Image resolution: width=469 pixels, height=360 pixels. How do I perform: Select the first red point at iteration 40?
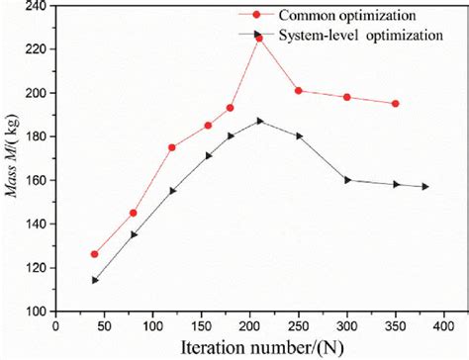95,254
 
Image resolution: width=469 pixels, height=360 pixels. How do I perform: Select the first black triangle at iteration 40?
95,280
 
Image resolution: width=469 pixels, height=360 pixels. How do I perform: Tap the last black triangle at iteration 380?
425,186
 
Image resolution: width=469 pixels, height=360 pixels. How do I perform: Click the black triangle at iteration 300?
347,180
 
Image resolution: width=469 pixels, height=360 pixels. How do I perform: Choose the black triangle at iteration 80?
134,234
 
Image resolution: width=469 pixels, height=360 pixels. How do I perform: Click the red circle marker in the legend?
259,15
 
